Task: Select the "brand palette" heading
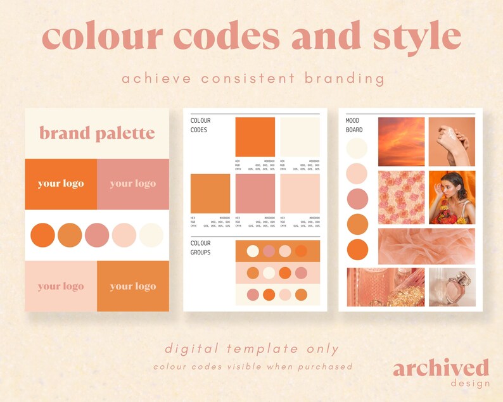point(97,133)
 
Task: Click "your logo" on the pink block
point(132,184)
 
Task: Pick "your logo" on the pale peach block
point(61,286)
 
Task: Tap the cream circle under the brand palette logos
point(151,235)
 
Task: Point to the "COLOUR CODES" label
point(201,125)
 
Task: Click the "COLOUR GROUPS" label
point(201,248)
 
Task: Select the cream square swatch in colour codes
point(300,137)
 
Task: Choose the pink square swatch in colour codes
point(255,194)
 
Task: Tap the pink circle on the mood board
point(357,199)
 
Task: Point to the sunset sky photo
point(401,141)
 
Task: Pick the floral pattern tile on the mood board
point(401,198)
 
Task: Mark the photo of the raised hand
point(452,141)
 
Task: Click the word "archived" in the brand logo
point(441,368)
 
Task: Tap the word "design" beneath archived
point(470,383)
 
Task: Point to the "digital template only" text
point(251,349)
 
